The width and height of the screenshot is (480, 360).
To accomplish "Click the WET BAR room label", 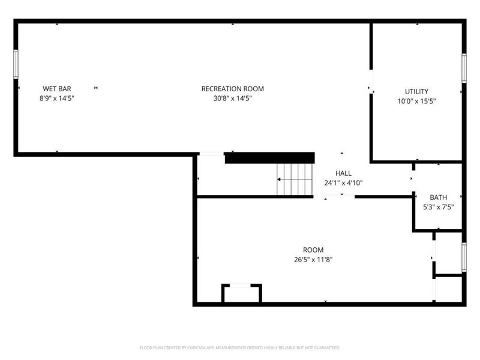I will [57, 89].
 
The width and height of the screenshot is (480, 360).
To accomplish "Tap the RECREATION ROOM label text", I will [232, 89].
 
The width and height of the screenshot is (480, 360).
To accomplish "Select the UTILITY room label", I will [416, 92].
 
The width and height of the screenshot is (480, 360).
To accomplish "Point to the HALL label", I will [343, 173].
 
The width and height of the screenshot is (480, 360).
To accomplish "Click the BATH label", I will [438, 197].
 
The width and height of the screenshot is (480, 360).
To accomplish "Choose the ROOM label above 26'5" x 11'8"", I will [313, 250].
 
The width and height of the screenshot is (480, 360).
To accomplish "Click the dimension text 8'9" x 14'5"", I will [57, 98].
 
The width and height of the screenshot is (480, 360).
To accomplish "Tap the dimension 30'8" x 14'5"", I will [232, 98].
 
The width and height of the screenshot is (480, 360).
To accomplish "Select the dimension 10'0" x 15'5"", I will [416, 101].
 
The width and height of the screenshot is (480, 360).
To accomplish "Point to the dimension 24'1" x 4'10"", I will [343, 182].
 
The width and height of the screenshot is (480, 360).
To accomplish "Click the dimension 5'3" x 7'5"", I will [438, 207].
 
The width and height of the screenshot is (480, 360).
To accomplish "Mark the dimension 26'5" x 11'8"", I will [313, 260].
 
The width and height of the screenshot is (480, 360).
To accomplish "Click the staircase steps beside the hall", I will [295, 179].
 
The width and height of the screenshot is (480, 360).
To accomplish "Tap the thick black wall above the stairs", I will [269, 158].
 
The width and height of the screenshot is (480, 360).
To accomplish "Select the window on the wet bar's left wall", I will [16, 64].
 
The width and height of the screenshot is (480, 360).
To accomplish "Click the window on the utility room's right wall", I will [464, 68].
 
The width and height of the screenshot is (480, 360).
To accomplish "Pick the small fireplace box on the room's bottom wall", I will [242, 293].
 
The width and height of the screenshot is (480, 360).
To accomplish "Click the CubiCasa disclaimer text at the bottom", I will [240, 347].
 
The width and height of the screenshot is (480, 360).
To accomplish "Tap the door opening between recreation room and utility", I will [371, 83].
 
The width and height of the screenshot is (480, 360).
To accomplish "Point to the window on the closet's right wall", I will [464, 257].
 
